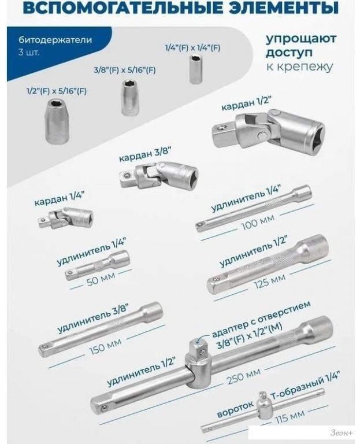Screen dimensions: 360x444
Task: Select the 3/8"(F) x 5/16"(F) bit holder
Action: tap(130, 97)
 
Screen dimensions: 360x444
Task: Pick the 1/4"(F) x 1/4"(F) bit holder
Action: tap(195, 69)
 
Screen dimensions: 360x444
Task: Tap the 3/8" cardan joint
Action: tap(158, 175)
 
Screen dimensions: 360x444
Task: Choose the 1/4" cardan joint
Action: tap(66, 218)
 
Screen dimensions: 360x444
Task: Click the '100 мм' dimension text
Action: tap(258, 222)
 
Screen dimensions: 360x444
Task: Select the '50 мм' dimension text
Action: tap(101, 279)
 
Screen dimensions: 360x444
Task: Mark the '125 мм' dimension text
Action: tap(269, 282)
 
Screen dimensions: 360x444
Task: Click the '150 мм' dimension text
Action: tap(105, 347)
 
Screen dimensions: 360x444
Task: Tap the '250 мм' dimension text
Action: tap(243, 376)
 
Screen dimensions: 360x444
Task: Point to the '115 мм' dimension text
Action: tap(290, 416)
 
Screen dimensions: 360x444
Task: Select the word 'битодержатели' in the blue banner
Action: tap(55, 40)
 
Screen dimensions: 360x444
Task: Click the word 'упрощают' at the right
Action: tap(301, 39)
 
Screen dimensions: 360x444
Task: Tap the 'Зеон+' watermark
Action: tap(342, 433)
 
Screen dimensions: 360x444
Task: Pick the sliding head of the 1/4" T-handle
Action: tap(264, 405)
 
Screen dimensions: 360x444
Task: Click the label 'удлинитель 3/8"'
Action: tap(94, 318)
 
